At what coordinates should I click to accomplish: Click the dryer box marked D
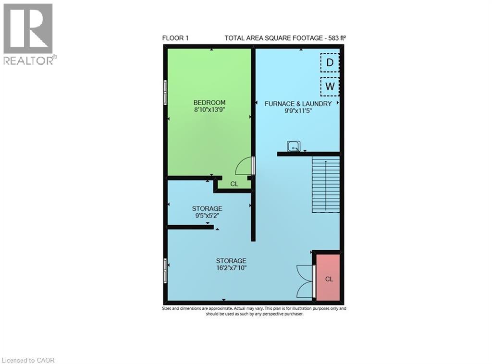(x=330, y=62)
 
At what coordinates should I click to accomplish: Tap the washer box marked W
(x=330, y=86)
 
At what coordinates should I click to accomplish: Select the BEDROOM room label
(x=209, y=102)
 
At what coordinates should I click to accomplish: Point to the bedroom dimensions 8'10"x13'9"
(x=209, y=109)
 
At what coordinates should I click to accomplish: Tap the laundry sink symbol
(x=294, y=146)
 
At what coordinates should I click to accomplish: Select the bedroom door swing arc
(x=244, y=166)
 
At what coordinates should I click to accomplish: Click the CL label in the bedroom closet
(x=234, y=183)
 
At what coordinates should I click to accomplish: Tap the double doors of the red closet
(x=306, y=280)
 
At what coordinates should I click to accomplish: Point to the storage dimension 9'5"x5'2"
(x=207, y=216)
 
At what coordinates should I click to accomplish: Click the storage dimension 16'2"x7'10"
(x=231, y=268)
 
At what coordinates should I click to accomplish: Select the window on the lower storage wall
(x=165, y=271)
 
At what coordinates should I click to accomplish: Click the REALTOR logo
(x=29, y=34)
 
